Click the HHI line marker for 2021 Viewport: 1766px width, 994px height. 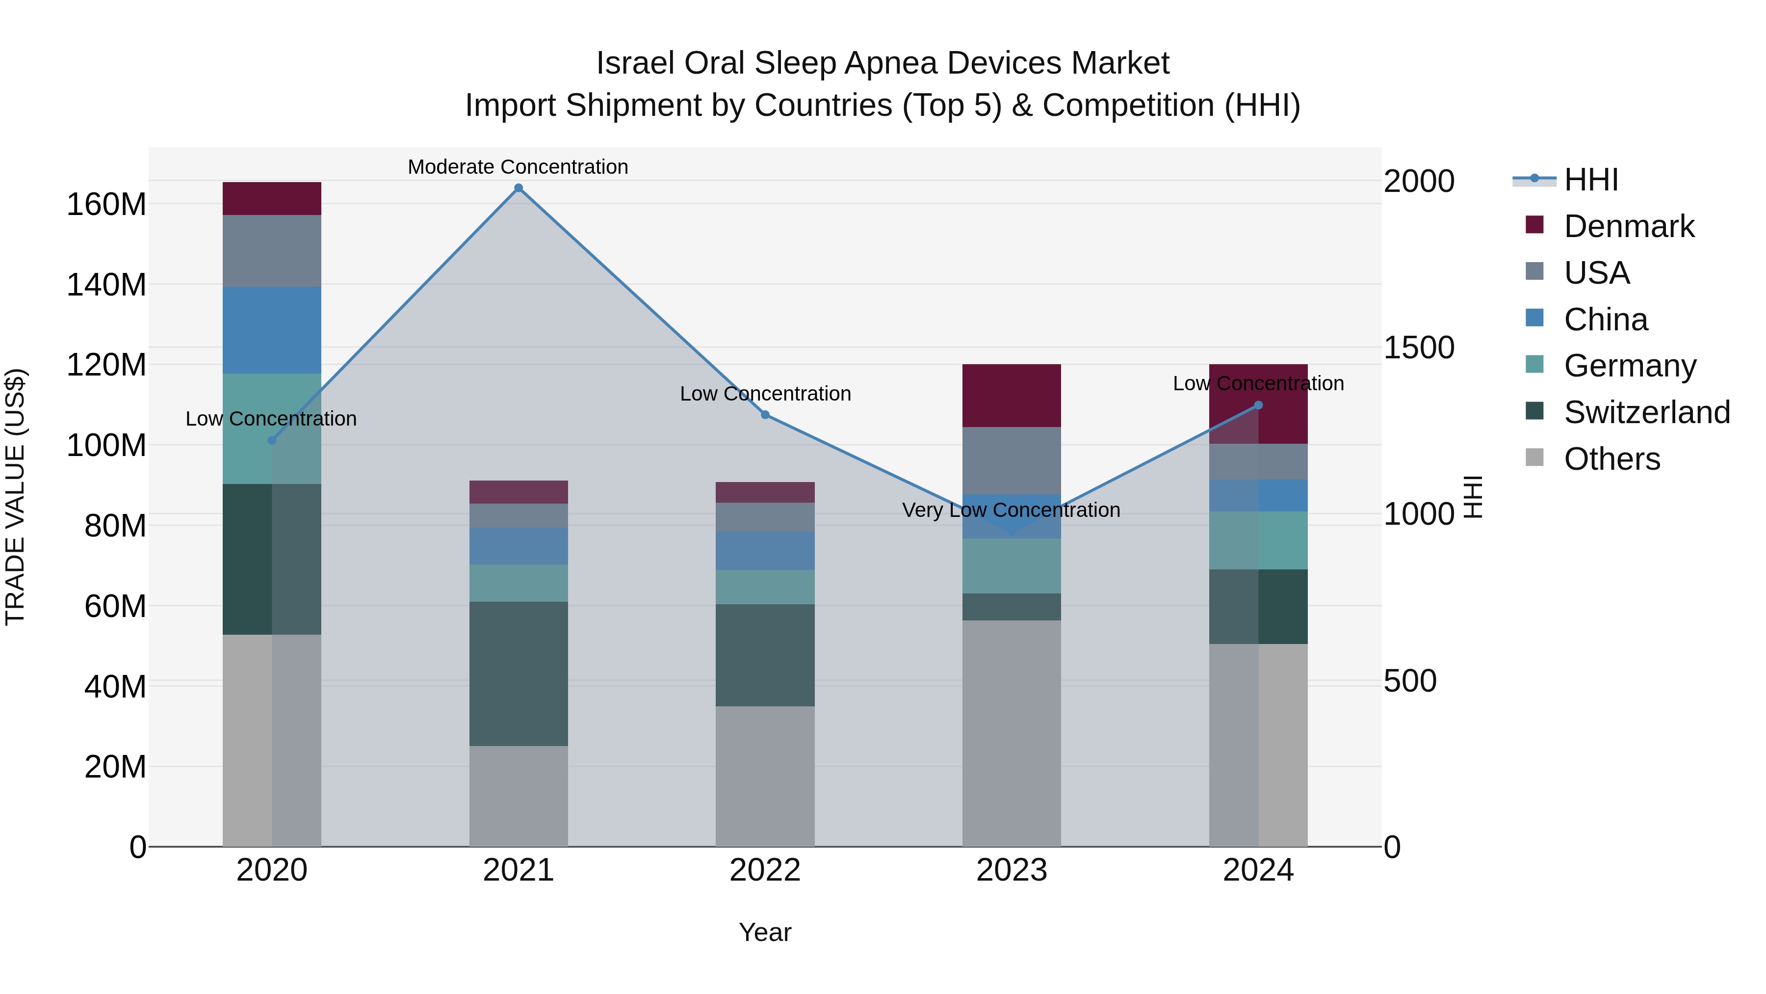click(x=519, y=188)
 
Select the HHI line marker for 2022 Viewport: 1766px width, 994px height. click(x=765, y=414)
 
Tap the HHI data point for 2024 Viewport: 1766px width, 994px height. click(x=1258, y=405)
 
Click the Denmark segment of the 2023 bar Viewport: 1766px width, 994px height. click(x=1011, y=395)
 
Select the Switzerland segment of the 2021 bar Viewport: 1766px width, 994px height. click(x=519, y=673)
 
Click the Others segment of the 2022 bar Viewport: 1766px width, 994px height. click(x=765, y=776)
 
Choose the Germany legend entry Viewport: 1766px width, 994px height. click(x=1630, y=366)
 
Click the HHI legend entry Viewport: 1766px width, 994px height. click(x=1590, y=180)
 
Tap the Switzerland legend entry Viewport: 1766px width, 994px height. click(x=1646, y=412)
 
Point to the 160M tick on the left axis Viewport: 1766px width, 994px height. click(x=106, y=204)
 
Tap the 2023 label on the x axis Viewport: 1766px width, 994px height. click(x=1011, y=870)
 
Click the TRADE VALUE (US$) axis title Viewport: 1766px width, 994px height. click(x=15, y=497)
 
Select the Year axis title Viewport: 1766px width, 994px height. click(x=765, y=932)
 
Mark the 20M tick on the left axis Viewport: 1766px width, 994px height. click(x=115, y=766)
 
